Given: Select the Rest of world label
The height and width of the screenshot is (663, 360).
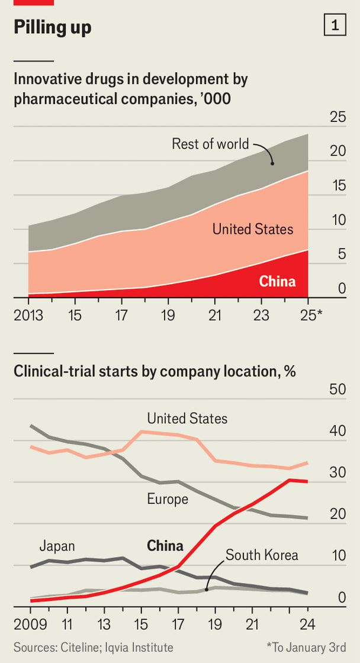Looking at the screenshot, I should click(x=210, y=144).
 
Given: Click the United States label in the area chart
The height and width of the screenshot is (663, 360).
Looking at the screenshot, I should click(x=253, y=228).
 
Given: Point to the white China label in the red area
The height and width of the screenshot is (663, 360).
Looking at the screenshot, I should click(x=277, y=281).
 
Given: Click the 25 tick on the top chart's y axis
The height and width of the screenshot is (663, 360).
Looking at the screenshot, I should click(x=338, y=117).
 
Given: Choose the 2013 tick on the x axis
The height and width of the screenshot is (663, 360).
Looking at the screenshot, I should click(x=28, y=314).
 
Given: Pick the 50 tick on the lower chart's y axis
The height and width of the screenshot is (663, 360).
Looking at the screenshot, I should click(x=337, y=389).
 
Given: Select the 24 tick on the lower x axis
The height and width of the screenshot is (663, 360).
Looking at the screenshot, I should click(x=308, y=624).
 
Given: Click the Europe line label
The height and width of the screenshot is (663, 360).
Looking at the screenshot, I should click(x=168, y=499).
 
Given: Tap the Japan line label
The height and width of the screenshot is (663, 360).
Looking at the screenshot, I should click(x=57, y=546).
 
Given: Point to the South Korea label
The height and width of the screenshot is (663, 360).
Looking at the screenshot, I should click(x=262, y=555).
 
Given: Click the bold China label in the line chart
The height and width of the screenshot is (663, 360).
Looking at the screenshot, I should click(x=165, y=545).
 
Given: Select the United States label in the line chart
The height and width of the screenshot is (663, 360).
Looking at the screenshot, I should click(x=187, y=419).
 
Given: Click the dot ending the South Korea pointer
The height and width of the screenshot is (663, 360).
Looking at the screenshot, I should click(x=206, y=590).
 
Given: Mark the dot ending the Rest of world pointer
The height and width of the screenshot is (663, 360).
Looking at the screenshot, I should click(x=272, y=163).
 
